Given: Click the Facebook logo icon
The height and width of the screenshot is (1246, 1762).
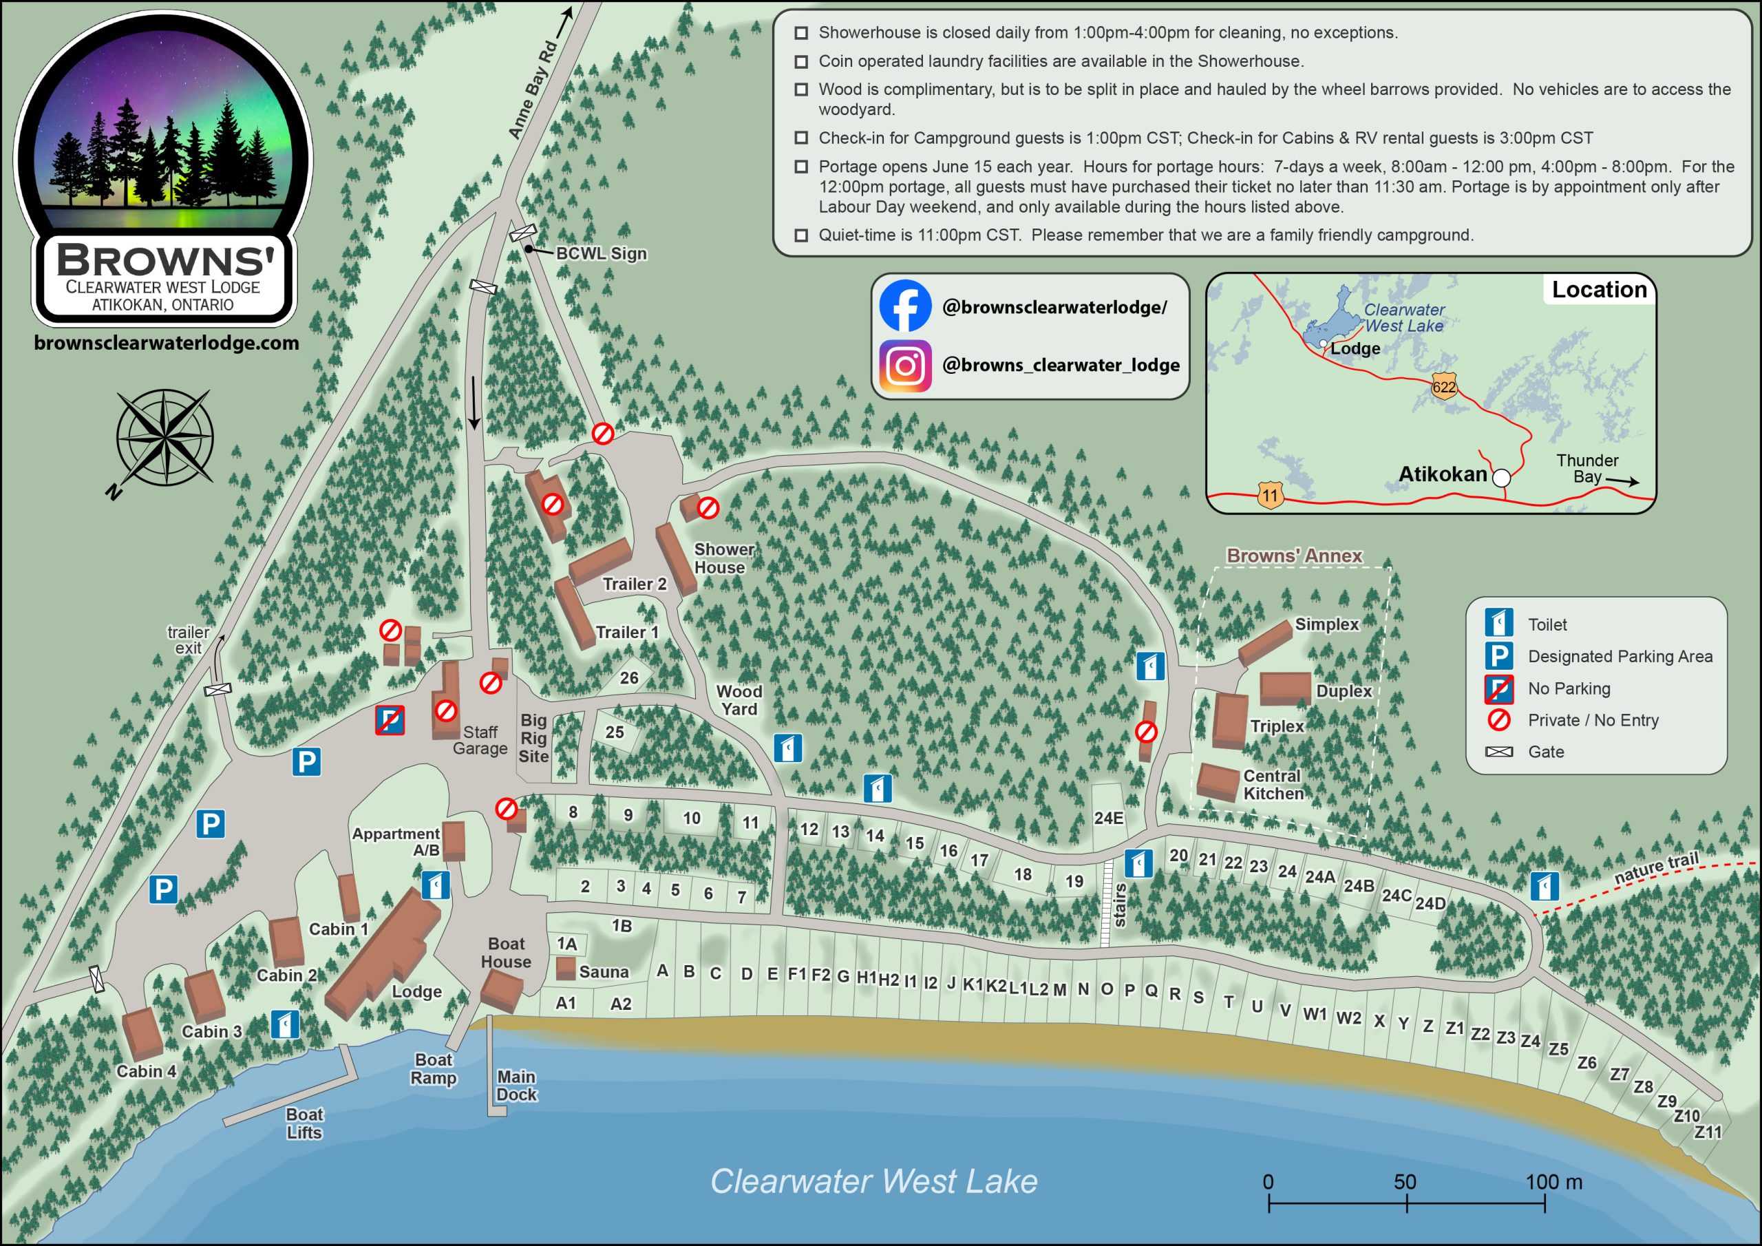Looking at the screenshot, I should tap(905, 306).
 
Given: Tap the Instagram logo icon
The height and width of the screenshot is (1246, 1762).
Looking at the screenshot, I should tap(905, 366).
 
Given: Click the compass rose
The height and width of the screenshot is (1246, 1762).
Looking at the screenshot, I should tap(164, 438).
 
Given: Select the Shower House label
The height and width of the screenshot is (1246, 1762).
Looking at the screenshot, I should tap(723, 558).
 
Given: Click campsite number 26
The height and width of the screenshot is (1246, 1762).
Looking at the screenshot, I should tap(628, 678).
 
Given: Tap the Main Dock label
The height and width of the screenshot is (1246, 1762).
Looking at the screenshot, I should tap(516, 1086).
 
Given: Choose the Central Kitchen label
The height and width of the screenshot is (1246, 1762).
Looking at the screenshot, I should tap(1273, 784).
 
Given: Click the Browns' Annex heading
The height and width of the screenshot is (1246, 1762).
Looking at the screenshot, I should tap(1294, 555).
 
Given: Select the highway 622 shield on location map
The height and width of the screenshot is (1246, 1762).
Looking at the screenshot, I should tap(1443, 386).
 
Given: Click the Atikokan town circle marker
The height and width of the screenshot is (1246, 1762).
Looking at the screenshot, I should tap(1501, 478).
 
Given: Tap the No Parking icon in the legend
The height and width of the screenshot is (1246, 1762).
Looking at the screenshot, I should tap(1499, 688).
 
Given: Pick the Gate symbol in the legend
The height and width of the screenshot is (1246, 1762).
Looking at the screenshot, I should tap(1499, 752).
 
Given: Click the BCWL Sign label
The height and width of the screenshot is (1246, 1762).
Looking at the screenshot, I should tap(601, 253).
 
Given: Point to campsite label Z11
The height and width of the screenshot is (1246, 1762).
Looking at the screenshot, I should tap(1708, 1132).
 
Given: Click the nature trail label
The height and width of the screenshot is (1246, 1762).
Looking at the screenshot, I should tap(1656, 868).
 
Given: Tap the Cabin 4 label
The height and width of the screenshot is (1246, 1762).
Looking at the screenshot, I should tap(146, 1071).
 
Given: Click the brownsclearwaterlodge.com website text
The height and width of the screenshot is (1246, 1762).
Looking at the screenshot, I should tap(167, 344).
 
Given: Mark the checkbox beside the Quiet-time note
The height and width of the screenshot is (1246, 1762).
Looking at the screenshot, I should tap(801, 235).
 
